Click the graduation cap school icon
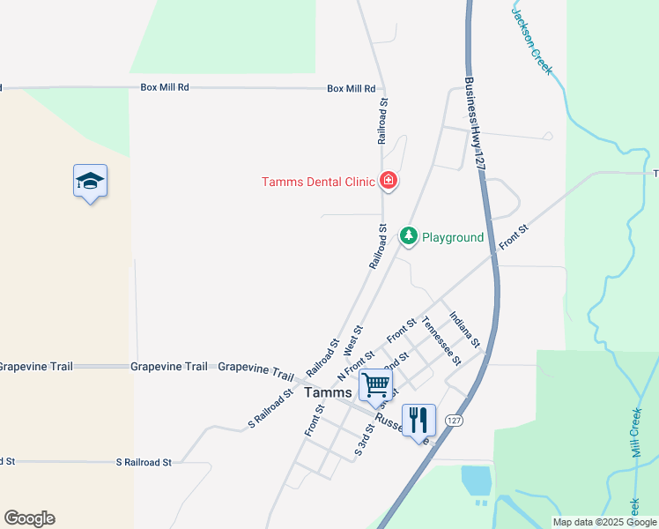coord(90,182)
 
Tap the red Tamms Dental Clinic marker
coord(388,182)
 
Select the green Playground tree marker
coord(408,236)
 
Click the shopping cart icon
coord(376,384)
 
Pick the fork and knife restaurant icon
coord(418,420)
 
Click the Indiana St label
coord(463,329)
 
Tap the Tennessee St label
coord(441,340)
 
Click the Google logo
coord(29,518)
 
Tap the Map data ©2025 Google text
coord(604,522)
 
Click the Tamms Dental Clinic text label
coord(318,183)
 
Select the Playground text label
coord(453,237)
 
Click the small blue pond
coord(476,481)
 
